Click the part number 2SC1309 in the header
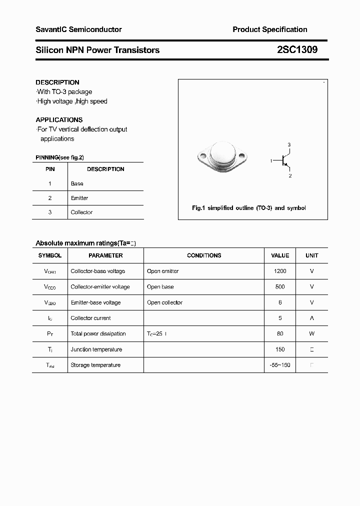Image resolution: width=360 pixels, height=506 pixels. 297,50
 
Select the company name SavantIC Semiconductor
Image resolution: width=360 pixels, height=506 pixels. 78,29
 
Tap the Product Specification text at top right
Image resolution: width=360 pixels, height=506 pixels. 269,29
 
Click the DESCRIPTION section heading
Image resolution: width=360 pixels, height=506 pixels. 57,82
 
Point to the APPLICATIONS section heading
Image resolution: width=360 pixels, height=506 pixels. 59,120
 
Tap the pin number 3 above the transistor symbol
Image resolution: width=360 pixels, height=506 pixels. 289,145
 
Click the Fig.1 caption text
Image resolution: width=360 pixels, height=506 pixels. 248,208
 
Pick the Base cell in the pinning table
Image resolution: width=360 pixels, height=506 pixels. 77,183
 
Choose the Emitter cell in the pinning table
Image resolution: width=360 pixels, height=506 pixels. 79,198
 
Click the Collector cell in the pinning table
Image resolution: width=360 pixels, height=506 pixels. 81,212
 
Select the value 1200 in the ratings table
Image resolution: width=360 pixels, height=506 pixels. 280,271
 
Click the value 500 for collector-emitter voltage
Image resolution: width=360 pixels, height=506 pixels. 280,287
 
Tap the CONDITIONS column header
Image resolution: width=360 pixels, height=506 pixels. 204,255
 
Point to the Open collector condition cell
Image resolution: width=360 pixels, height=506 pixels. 164,302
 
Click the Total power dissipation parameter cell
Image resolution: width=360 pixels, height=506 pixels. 98,334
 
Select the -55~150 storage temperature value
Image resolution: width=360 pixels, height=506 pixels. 279,365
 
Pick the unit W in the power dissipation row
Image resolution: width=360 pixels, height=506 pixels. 311,334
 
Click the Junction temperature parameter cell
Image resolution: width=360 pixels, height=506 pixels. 96,349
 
